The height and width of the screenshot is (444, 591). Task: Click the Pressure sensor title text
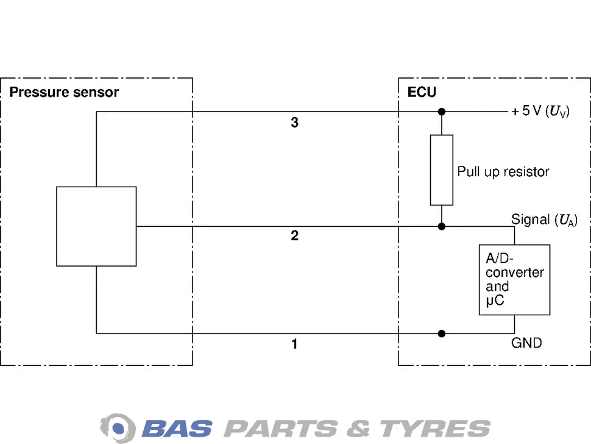tap(64, 93)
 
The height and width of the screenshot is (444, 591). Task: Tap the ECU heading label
tap(422, 92)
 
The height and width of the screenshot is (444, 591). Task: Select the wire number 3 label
tap(295, 123)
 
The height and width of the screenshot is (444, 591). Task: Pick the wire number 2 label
tap(295, 236)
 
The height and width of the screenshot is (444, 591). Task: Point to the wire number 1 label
tap(295, 344)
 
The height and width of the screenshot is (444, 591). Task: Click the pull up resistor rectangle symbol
tap(442, 170)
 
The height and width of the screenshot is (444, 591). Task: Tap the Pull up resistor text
tap(503, 172)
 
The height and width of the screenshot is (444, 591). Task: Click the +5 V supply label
tap(540, 111)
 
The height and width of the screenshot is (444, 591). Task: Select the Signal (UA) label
tap(544, 220)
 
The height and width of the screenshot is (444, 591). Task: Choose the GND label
tap(526, 343)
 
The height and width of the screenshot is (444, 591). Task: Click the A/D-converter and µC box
tap(514, 280)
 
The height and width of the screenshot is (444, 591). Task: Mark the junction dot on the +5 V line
tap(442, 112)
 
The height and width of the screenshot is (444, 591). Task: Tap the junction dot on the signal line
tap(442, 226)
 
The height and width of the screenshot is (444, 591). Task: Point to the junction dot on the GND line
tap(442, 334)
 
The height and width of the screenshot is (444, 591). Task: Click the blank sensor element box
tap(96, 226)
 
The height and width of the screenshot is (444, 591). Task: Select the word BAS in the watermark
tap(177, 429)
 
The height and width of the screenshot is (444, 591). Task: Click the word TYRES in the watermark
tap(435, 429)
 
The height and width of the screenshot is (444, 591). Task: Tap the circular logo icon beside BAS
tap(118, 428)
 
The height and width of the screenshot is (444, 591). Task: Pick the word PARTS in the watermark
tap(280, 429)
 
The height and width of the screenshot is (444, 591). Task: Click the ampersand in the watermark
tap(358, 429)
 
